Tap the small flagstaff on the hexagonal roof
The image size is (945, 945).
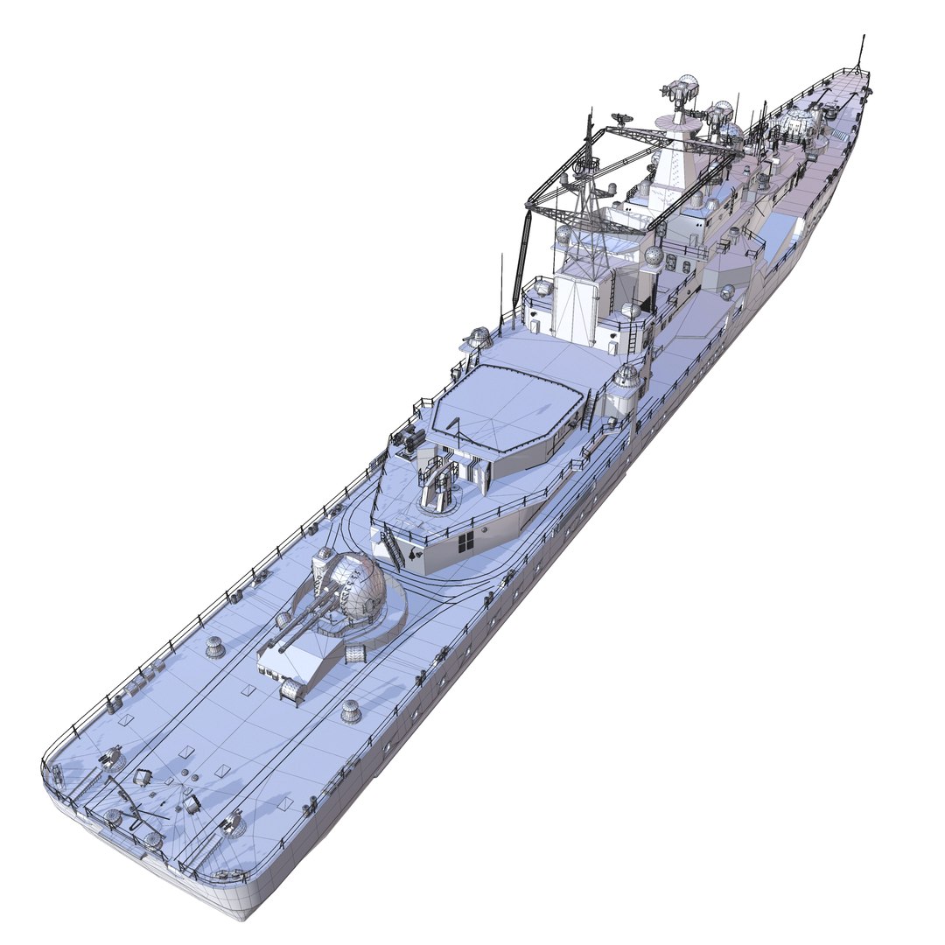pos(456,428)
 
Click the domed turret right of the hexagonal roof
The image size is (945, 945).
pos(626,378)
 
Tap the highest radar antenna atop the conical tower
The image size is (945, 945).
pos(682,91)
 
